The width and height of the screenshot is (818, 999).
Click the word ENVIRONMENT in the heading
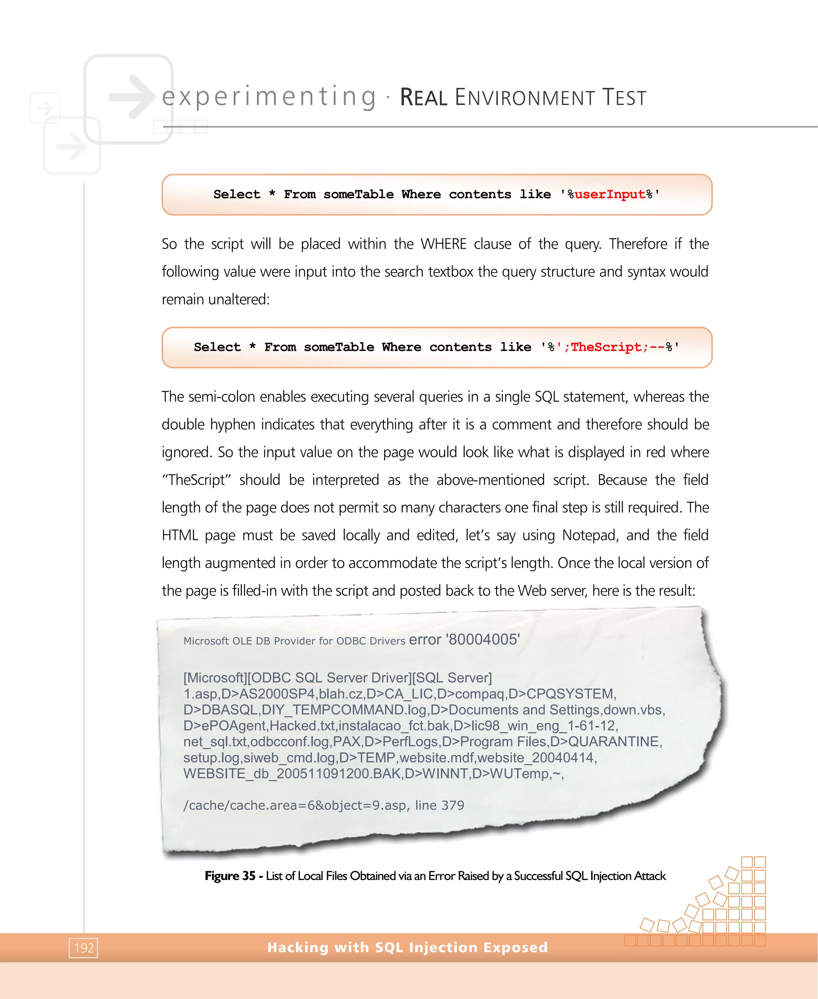pos(524,98)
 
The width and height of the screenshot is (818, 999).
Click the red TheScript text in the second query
pos(606,347)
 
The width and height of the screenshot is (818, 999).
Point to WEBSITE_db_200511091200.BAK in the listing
pos(292,774)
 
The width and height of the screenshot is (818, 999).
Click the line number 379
pos(453,805)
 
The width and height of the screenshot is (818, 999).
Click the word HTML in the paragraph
pos(179,535)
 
